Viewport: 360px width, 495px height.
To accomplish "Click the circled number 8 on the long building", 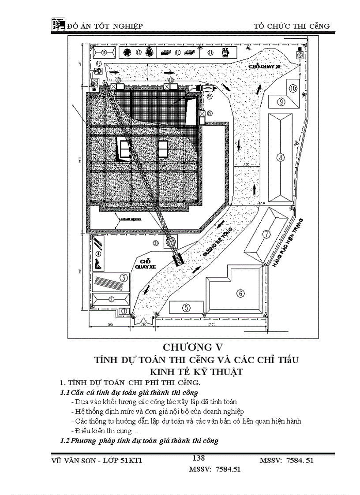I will click(x=279, y=156).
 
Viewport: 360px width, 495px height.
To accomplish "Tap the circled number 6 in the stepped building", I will click(x=240, y=293).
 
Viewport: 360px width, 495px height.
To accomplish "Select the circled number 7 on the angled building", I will click(x=266, y=234).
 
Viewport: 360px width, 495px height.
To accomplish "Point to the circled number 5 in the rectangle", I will click(x=186, y=307).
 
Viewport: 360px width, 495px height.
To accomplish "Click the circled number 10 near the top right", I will click(x=293, y=88).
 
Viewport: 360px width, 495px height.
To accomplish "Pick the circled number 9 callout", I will click(x=281, y=101).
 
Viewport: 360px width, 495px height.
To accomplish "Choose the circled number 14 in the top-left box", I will click(x=104, y=52).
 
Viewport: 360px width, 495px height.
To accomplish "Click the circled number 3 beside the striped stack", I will click(x=124, y=278).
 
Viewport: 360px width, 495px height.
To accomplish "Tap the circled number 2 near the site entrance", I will click(x=111, y=299).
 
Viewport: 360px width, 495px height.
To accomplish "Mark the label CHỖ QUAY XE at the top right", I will click(x=265, y=66).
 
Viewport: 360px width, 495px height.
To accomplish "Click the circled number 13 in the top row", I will click(x=138, y=52).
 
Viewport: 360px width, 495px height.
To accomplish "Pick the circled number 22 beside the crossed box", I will click(x=210, y=113).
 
